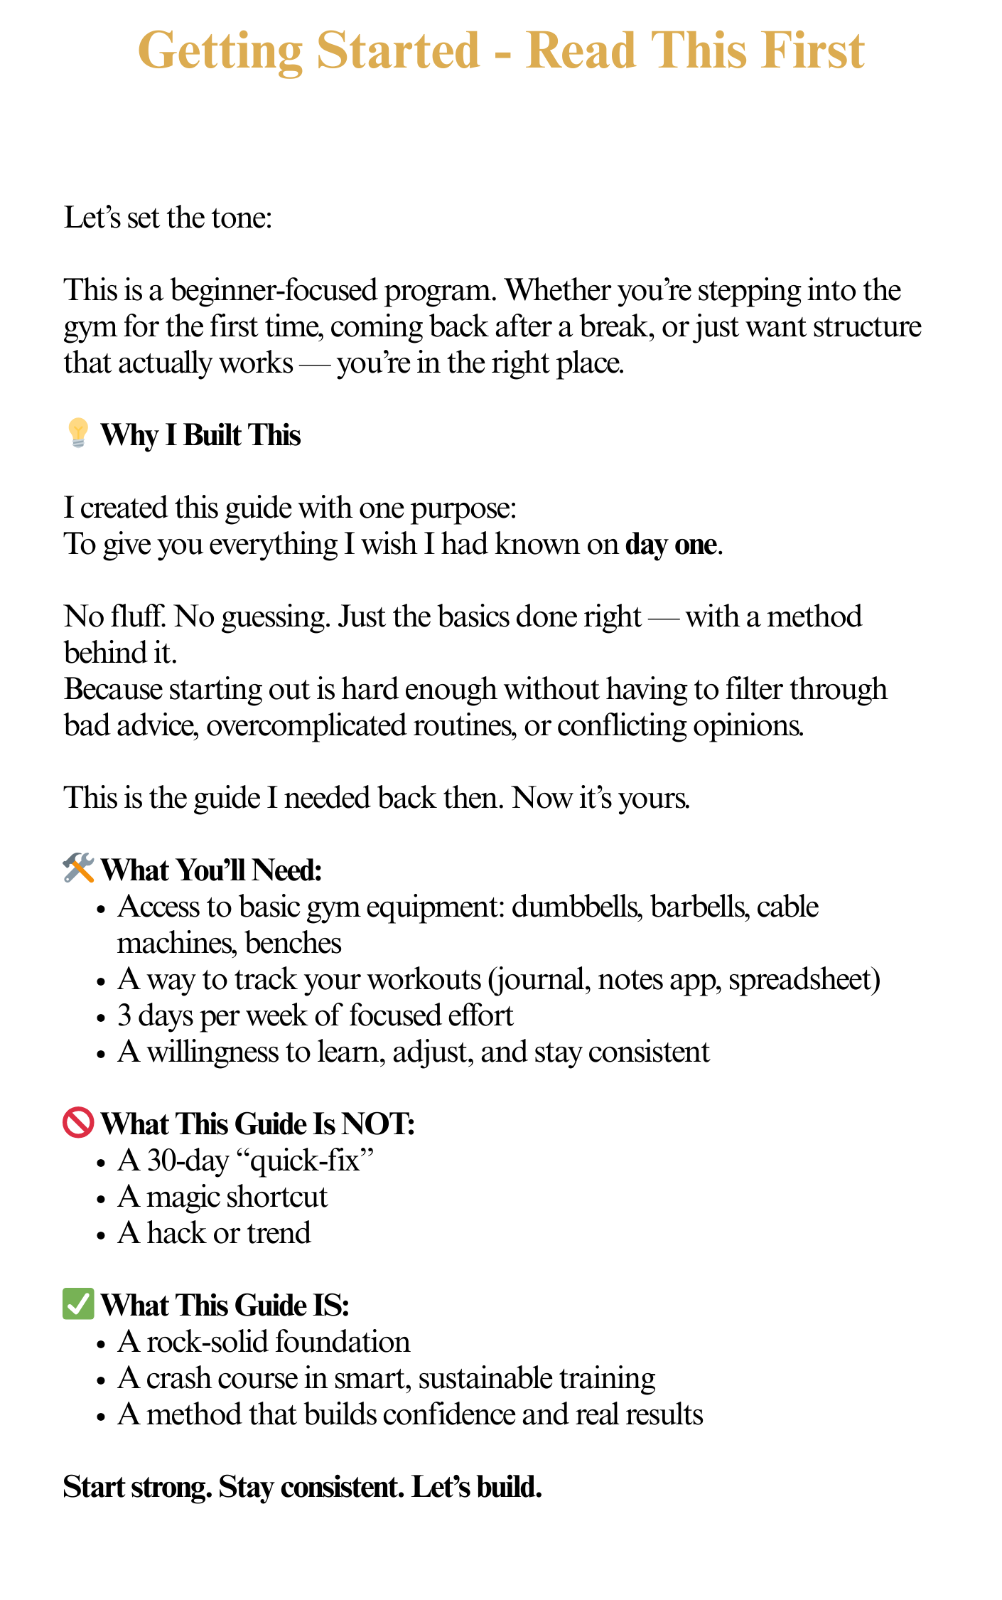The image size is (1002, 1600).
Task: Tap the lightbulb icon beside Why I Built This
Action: [x=77, y=434]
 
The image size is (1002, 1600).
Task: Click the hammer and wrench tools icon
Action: [x=78, y=869]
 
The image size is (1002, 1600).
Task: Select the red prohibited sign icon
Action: [x=78, y=1123]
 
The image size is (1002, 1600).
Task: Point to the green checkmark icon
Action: [x=78, y=1304]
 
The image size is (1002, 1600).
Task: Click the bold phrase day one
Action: [x=670, y=545]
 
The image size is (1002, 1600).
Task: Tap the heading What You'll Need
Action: [x=211, y=870]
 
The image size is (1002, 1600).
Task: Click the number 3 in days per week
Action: [x=124, y=1015]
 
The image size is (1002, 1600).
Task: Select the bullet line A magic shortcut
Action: [x=222, y=1197]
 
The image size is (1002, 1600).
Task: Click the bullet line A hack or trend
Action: [x=214, y=1233]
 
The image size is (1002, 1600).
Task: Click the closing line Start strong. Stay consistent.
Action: [x=302, y=1487]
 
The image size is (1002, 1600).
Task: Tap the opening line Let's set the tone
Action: [x=168, y=218]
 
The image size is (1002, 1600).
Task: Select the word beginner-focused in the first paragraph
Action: [x=274, y=290]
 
